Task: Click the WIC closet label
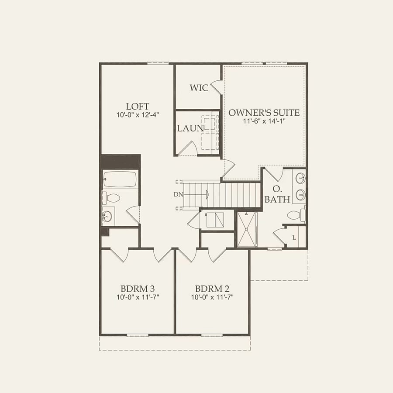[x=199, y=88]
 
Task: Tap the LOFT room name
[x=138, y=107]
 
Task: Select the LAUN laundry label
[x=190, y=128]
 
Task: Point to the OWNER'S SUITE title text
[x=264, y=113]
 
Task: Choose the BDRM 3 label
[x=138, y=289]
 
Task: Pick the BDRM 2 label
[x=212, y=289]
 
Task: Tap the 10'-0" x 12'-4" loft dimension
[x=138, y=115]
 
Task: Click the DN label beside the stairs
[x=179, y=194]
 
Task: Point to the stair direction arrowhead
[x=207, y=194]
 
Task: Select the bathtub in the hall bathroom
[x=120, y=179]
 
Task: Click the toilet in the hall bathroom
[x=111, y=198]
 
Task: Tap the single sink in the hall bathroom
[x=107, y=216]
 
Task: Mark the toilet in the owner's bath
[x=296, y=215]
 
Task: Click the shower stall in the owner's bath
[x=247, y=229]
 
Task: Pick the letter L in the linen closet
[x=294, y=238]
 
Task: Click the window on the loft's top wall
[x=158, y=63]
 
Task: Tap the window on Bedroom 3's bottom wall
[x=138, y=335]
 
